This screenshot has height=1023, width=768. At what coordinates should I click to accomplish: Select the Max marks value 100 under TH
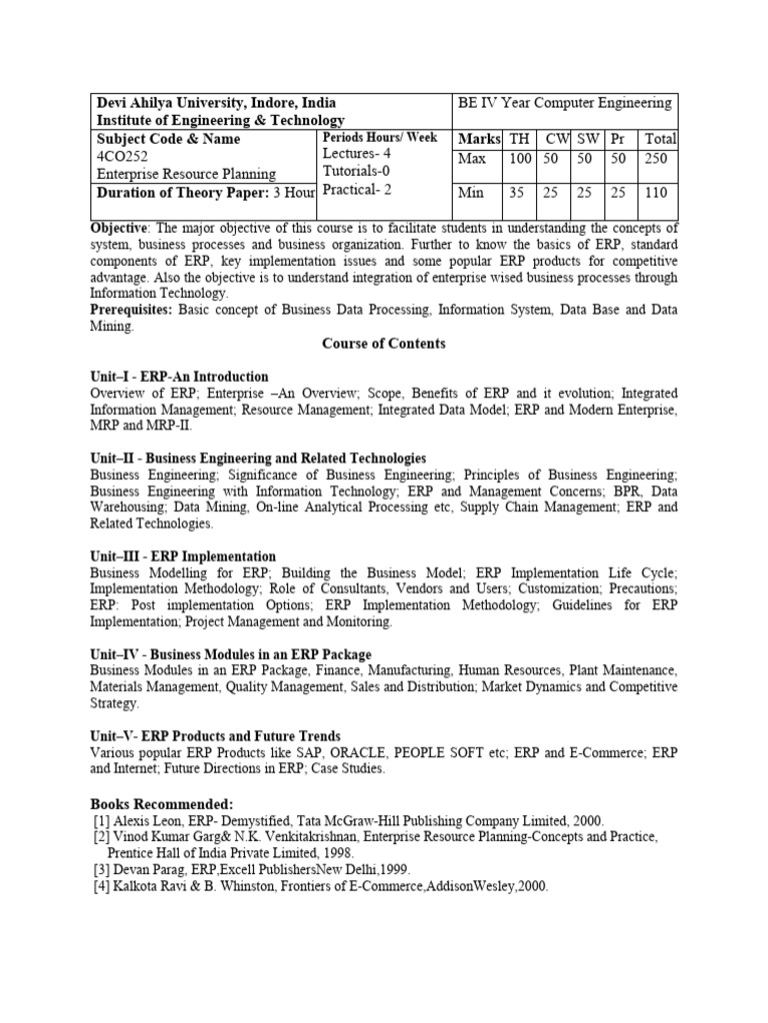click(520, 159)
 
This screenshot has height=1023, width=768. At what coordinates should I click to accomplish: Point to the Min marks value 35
click(516, 193)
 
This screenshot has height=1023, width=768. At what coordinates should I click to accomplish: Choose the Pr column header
click(619, 139)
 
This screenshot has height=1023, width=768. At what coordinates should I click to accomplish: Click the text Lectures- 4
click(357, 154)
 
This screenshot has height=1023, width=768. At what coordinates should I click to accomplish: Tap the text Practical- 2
click(357, 189)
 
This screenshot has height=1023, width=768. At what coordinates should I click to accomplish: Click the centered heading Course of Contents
click(383, 344)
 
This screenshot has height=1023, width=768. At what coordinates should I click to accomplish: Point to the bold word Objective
click(119, 229)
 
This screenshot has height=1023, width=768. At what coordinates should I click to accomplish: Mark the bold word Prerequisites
click(132, 310)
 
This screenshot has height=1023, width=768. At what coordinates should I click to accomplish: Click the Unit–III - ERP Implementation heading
click(183, 555)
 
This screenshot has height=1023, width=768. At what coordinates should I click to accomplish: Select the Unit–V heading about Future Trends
click(215, 735)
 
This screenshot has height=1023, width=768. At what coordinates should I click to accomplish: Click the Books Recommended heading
click(161, 803)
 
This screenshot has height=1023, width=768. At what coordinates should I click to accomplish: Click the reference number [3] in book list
click(100, 869)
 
